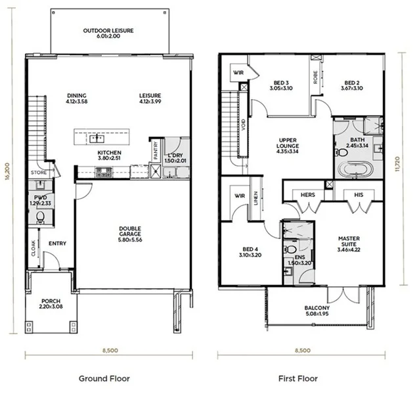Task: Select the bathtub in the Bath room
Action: pyautogui.click(x=355, y=168)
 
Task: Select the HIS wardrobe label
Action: pyautogui.click(x=357, y=195)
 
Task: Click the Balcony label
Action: pyautogui.click(x=317, y=308)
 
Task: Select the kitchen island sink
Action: pyautogui.click(x=97, y=139)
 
